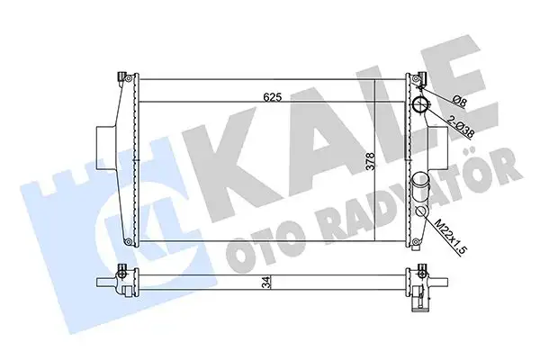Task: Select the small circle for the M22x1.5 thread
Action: click(421, 212)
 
